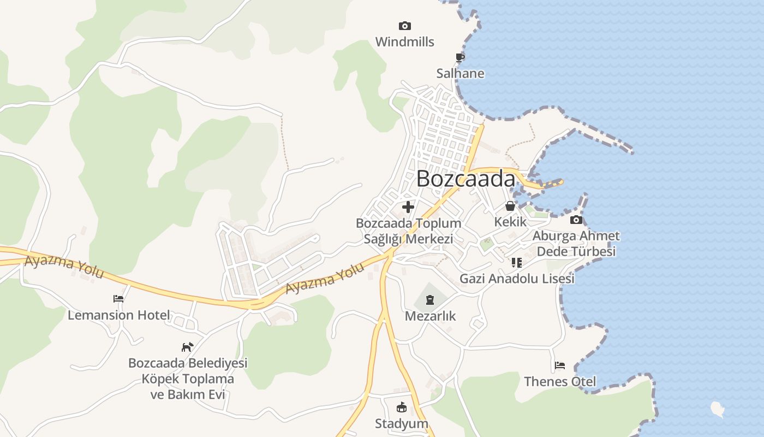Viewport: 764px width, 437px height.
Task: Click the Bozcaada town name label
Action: point(465,179)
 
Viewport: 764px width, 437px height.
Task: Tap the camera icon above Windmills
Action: point(404,26)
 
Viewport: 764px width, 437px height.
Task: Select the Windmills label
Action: point(404,42)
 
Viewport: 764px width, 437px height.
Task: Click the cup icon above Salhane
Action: point(460,57)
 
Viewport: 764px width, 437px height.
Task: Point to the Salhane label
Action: point(460,73)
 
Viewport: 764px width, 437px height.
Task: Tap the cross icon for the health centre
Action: point(408,207)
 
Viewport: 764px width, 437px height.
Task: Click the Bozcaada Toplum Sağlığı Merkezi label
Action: point(408,231)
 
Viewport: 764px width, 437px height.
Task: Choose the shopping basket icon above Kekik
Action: point(510,206)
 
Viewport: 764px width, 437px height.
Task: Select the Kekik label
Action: point(510,222)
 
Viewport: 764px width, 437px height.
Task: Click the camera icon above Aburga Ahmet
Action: point(576,220)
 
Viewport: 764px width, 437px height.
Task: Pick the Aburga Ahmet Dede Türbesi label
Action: point(576,244)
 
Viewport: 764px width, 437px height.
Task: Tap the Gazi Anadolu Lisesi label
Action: point(517,279)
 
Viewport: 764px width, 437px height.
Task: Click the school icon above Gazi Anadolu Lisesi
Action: point(516,263)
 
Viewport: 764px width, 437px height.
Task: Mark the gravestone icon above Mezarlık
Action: point(430,300)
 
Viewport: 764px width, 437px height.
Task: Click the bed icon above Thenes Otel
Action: point(560,365)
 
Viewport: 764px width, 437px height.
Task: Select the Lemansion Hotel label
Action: point(118,315)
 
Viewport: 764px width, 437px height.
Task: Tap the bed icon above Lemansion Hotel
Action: point(118,299)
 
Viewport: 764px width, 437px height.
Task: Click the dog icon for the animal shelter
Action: point(187,347)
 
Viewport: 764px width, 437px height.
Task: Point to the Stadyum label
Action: point(401,423)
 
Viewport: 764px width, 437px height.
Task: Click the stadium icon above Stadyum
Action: point(401,407)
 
